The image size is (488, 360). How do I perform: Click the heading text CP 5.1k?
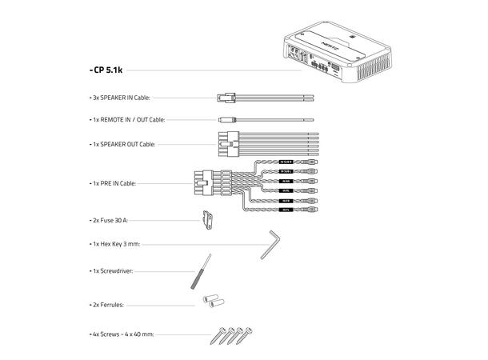pos(106,70)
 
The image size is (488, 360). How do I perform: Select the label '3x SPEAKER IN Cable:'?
pos(120,98)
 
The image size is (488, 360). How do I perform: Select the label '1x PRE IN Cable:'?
pos(114,183)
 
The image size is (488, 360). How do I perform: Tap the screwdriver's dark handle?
pos(194,279)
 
